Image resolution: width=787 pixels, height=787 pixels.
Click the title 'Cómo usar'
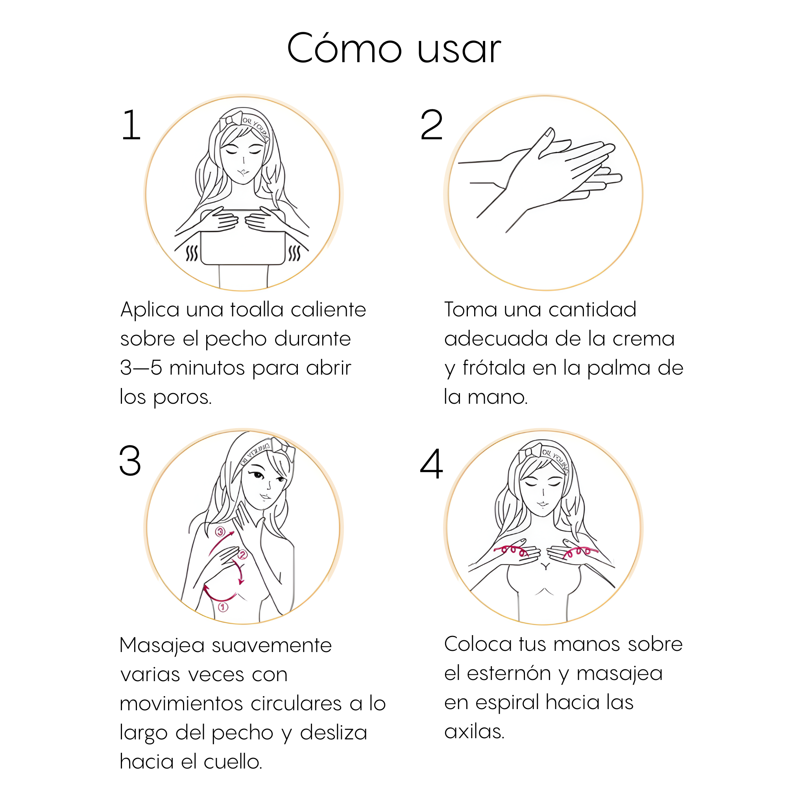393,48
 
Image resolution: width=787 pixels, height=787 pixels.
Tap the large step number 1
131,125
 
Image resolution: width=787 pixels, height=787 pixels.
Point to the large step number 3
130,461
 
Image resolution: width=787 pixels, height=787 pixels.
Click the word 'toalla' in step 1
257,309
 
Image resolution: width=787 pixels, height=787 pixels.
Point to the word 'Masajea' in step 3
162,646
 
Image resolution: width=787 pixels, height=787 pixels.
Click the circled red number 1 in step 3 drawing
223,607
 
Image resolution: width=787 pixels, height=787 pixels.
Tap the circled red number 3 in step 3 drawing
220,532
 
